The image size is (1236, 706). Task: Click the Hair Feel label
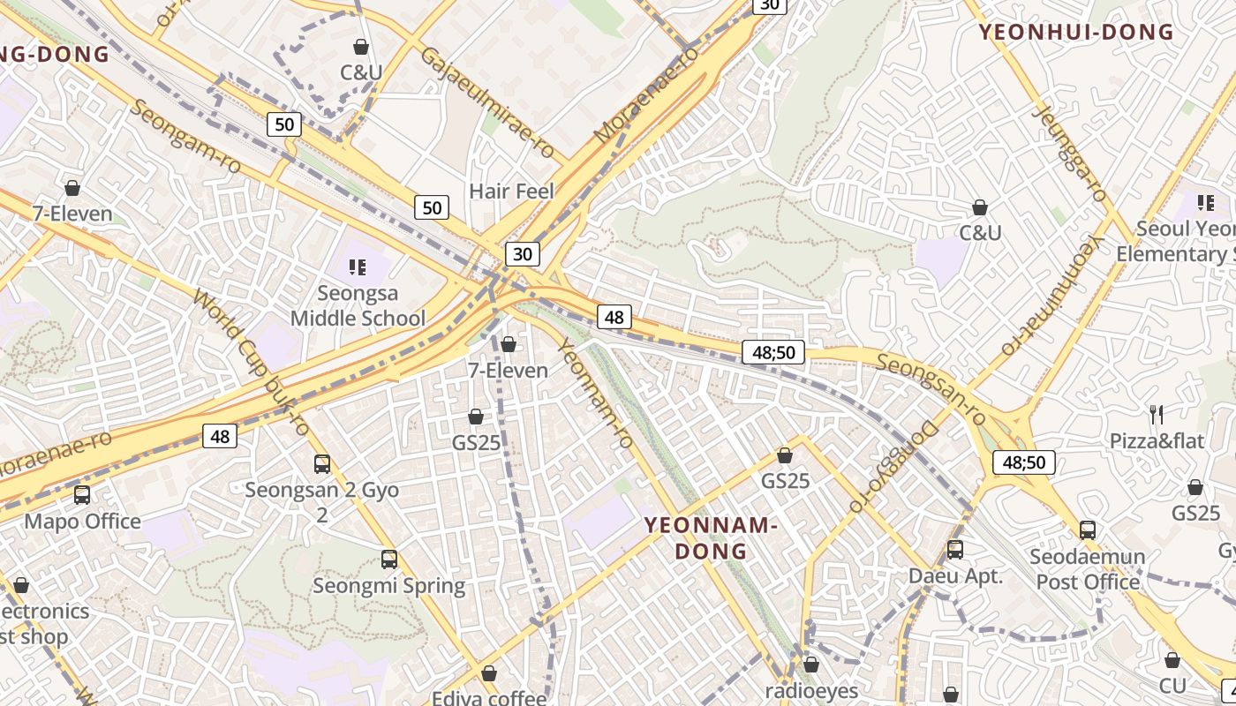511,192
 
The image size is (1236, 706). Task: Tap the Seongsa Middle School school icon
358,267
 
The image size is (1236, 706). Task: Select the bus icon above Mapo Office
82,495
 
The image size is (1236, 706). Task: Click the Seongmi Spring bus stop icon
389,559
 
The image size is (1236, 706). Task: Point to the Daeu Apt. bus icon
955,550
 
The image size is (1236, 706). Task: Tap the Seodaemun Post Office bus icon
1088,530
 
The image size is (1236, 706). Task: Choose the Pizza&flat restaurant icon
1157,414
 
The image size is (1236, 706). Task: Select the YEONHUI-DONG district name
1076,33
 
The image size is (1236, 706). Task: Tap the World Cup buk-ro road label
251,363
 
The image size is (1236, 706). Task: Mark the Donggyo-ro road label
891,466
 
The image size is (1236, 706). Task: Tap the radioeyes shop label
811,691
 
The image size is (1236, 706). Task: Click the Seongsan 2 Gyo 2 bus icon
322,463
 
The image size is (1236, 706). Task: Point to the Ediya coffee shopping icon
489,674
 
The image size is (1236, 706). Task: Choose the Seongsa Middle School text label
358,305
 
